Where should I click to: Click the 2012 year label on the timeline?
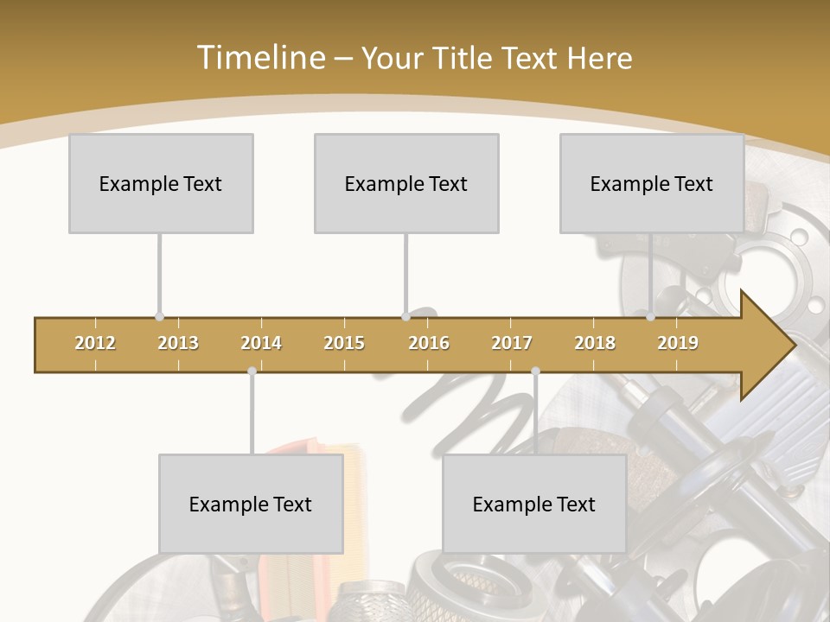point(95,343)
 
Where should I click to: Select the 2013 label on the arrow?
point(178,343)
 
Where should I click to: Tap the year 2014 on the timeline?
point(261,343)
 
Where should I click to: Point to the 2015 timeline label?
point(344,343)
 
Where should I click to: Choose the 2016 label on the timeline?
point(429,343)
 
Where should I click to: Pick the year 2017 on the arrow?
point(512,343)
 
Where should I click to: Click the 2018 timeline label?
point(595,343)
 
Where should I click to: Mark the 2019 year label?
point(678,343)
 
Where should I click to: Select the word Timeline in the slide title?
point(259,58)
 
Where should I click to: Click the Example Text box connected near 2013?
point(161,183)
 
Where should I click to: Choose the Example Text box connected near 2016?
point(406,183)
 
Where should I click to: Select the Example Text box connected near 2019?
point(652,183)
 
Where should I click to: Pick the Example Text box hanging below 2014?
point(251,504)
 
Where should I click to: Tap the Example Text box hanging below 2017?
point(534,504)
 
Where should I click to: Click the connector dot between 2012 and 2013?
point(159,317)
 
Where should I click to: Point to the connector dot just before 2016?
point(405,317)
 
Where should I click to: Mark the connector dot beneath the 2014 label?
point(252,371)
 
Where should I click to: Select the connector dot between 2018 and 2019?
point(650,317)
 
